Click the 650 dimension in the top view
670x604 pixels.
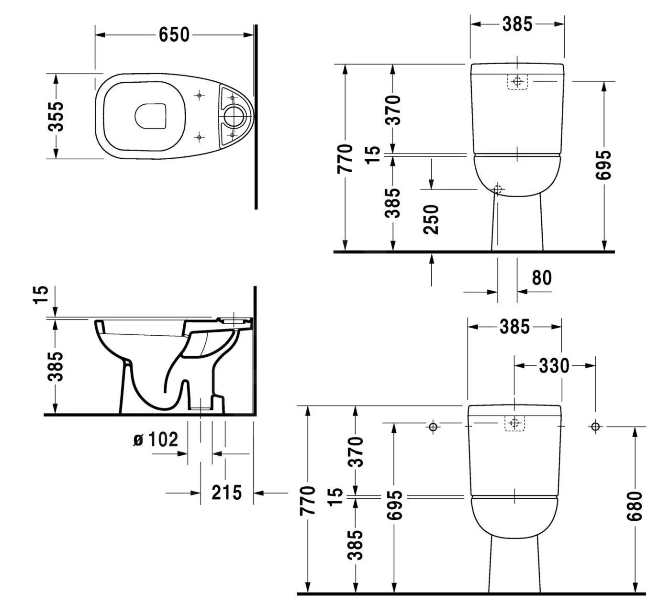pyautogui.click(x=174, y=34)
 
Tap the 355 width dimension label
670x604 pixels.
pyautogui.click(x=57, y=116)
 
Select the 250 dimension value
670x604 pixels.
pyautogui.click(x=431, y=219)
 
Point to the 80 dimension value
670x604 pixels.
pyautogui.click(x=541, y=277)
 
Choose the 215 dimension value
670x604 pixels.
pyautogui.click(x=226, y=493)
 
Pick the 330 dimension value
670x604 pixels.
pyautogui.click(x=554, y=366)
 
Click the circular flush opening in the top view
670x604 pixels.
pyautogui.click(x=235, y=116)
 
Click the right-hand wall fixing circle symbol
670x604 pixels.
pyautogui.click(x=595, y=427)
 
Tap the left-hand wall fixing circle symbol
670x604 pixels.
pyautogui.click(x=433, y=427)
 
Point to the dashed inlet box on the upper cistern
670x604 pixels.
pyautogui.click(x=516, y=82)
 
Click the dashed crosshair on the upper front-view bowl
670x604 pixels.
pyautogui.click(x=498, y=189)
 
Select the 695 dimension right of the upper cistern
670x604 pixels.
pyautogui.click(x=604, y=165)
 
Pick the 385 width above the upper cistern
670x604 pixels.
pyautogui.click(x=517, y=24)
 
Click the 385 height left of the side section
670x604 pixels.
pyautogui.click(x=56, y=367)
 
